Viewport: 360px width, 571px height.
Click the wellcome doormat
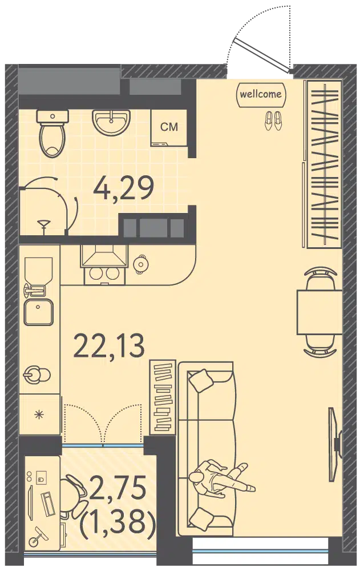coord(261,95)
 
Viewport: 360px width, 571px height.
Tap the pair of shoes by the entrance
coord(273,120)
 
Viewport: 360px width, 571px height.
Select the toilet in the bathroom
coord(53,133)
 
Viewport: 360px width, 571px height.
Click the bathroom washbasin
coord(111,122)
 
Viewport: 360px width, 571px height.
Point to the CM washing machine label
coord(169,127)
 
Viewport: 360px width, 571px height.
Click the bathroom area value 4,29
coord(124,188)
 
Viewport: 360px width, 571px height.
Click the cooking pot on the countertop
coord(141,264)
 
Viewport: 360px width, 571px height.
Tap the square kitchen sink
coord(39,312)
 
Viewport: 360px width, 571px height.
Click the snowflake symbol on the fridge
coord(39,414)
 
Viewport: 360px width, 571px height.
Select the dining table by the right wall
coord(319,312)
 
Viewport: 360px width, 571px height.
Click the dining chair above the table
coord(319,278)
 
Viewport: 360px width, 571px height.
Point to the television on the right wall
coord(335,444)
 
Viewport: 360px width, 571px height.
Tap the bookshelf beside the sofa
coord(163,397)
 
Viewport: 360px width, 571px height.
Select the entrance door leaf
coord(263,55)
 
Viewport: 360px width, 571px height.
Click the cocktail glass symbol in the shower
coord(44,224)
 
